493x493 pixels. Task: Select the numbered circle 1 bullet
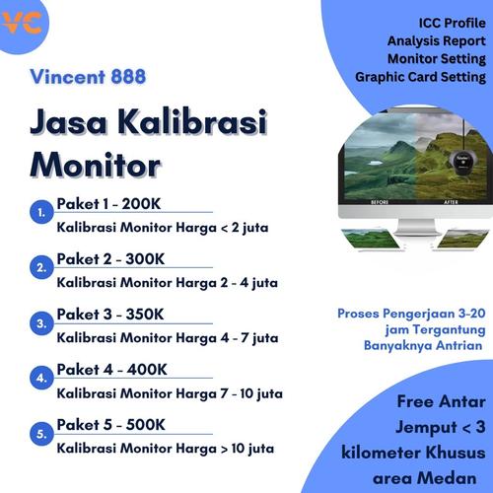[x=39, y=212]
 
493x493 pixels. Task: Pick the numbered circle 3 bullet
[x=39, y=322]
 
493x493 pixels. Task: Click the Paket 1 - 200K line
[x=110, y=204]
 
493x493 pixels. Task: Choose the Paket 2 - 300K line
[x=110, y=259]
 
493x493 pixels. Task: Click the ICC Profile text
[x=449, y=23]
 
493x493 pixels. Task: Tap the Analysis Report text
[x=436, y=40]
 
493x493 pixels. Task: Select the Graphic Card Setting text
[x=421, y=76]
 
